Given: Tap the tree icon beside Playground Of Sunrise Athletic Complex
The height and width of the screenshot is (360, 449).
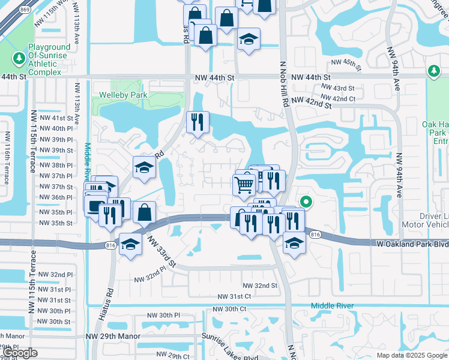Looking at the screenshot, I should click(19, 58).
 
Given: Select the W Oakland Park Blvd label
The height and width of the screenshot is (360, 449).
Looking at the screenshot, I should click(415, 244).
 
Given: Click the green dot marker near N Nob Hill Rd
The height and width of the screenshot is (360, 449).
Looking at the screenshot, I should click(306, 202).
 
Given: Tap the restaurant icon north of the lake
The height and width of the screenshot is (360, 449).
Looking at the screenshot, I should click(197, 122).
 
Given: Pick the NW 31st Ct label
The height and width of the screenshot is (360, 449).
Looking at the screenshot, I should click(235, 296).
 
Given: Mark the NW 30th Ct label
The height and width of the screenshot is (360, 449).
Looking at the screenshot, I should click(231, 308).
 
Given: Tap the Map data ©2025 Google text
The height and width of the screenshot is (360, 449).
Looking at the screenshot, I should click(412, 356).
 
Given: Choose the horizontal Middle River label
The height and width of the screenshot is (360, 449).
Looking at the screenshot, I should click(332, 306).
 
